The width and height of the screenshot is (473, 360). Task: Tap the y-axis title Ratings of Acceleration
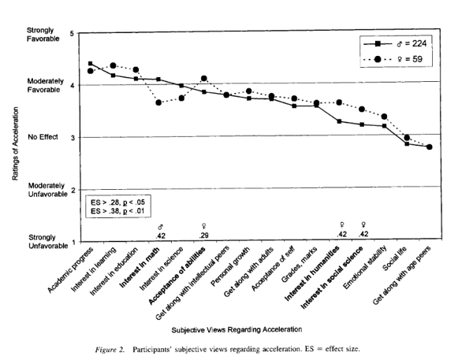click(x=17, y=139)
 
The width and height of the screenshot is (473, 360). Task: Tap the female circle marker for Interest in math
click(x=159, y=102)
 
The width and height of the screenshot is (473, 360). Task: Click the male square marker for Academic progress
click(x=91, y=64)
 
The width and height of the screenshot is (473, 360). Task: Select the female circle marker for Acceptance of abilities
click(x=204, y=78)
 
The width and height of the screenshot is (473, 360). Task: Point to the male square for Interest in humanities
click(x=340, y=121)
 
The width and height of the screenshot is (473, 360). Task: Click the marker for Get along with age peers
click(x=429, y=147)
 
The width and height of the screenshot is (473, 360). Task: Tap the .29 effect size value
click(x=204, y=236)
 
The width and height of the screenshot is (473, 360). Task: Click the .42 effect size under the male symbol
click(x=159, y=236)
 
